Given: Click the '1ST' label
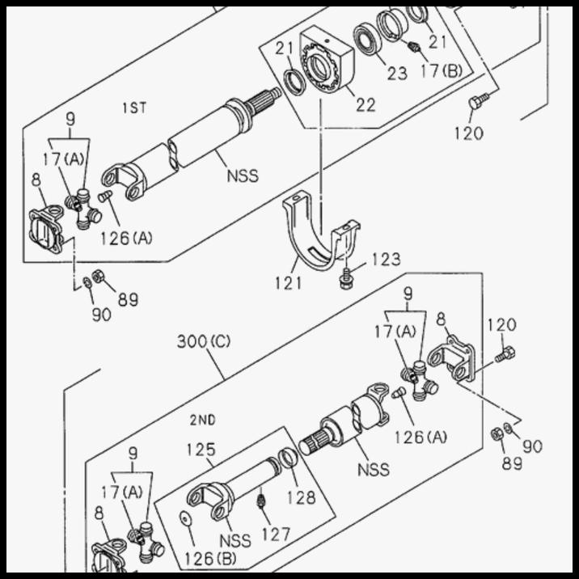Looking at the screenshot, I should pos(134,108).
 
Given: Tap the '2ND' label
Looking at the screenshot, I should pos(202,420).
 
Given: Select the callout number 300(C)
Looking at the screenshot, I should pos(204,341).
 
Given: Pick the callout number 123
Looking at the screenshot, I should pos(386,260).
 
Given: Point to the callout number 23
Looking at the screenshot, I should pos(397,74).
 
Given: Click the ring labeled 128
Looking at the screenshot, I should pos(288,460).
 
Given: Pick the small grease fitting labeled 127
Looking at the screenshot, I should pos(260,503).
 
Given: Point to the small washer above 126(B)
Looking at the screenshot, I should pos(185,518).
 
